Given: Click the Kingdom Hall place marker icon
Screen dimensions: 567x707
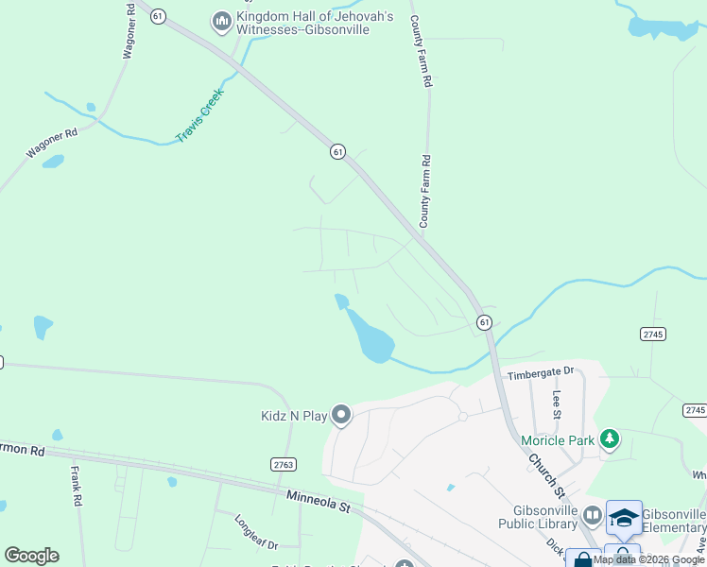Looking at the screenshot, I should pyautogui.click(x=222, y=22).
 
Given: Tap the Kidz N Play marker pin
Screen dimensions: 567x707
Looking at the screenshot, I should pyautogui.click(x=341, y=415).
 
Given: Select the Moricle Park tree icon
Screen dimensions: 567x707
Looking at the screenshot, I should pyautogui.click(x=611, y=439).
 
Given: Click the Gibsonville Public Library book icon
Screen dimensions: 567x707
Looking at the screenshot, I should pyautogui.click(x=593, y=515).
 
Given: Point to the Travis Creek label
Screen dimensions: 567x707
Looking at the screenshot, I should pyautogui.click(x=198, y=116).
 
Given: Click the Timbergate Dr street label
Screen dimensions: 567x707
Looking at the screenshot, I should pyautogui.click(x=541, y=374).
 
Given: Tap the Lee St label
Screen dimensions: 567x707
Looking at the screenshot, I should pyautogui.click(x=558, y=404).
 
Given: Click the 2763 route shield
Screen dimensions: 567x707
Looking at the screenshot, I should pyautogui.click(x=284, y=464).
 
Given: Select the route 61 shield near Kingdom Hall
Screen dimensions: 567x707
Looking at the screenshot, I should pyautogui.click(x=158, y=16).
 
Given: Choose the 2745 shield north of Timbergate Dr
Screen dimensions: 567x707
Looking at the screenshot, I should pyautogui.click(x=652, y=334).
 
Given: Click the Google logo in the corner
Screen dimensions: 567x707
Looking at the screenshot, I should pyautogui.click(x=31, y=556).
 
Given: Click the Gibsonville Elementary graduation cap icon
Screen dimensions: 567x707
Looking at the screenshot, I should pyautogui.click(x=624, y=517).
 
